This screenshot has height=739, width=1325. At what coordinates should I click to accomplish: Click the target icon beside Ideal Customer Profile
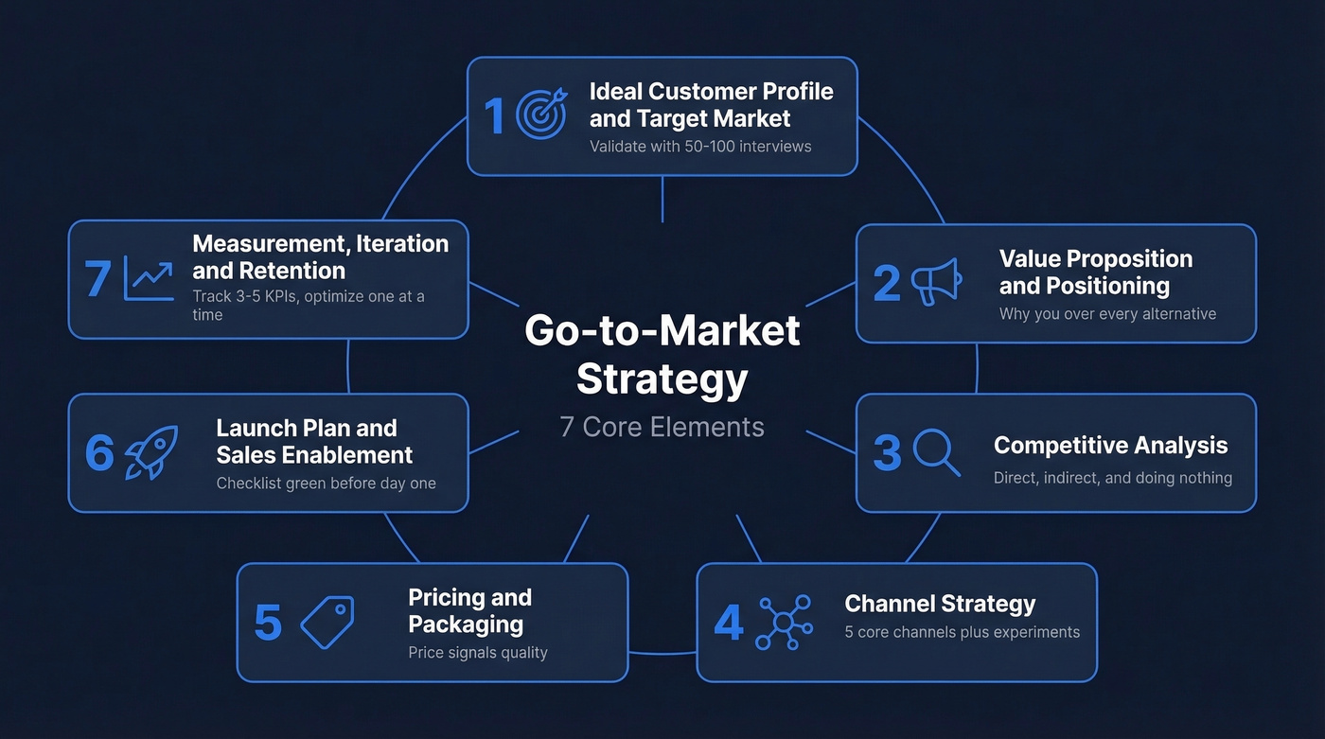point(541,115)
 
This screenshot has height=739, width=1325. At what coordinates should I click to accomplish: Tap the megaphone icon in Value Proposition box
point(936,282)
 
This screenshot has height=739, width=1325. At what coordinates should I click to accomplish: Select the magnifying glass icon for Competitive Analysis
point(937,453)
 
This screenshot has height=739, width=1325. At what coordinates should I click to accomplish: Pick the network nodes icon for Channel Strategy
point(784,622)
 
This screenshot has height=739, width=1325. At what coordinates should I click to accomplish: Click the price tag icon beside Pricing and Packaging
point(327,623)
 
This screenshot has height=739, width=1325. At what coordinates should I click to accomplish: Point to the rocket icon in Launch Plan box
point(151,452)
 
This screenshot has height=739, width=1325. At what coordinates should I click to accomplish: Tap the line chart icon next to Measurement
point(149,281)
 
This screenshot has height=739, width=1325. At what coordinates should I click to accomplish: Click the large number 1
point(495,116)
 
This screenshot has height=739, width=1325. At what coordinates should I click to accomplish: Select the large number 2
point(886,283)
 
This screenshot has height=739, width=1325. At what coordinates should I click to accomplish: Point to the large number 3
point(887,453)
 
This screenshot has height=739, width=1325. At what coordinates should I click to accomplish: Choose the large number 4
point(728,623)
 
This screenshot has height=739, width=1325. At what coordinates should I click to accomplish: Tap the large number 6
point(98,453)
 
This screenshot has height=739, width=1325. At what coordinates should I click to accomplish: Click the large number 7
point(97,280)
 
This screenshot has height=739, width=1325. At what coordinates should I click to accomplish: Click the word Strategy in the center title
point(662,379)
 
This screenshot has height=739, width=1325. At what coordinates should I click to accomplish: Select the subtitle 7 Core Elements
point(662,427)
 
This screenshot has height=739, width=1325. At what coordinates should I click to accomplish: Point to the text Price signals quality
point(477,653)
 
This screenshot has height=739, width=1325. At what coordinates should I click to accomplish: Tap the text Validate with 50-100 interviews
point(700,147)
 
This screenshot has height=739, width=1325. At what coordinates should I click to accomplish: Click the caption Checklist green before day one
point(326,484)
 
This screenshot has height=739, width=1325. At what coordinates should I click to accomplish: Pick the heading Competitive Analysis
point(1110,446)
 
